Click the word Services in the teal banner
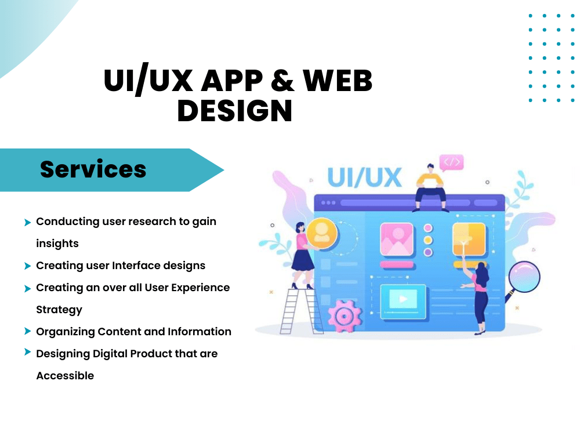point(93,169)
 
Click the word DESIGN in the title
point(235,111)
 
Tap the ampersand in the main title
point(282,80)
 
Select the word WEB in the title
point(338,80)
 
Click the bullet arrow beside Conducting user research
point(27,222)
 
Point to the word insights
point(57,244)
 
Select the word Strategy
point(59,310)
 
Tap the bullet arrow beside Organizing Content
point(27,331)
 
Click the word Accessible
point(65,375)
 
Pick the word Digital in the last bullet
point(110,354)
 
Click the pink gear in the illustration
point(345,316)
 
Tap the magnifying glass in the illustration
point(523,280)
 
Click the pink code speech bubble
point(451,162)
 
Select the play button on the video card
point(403,299)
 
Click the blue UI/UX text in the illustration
point(364,177)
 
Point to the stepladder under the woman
point(300,311)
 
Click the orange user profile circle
point(321,233)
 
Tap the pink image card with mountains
point(397,240)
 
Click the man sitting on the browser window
point(430,188)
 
